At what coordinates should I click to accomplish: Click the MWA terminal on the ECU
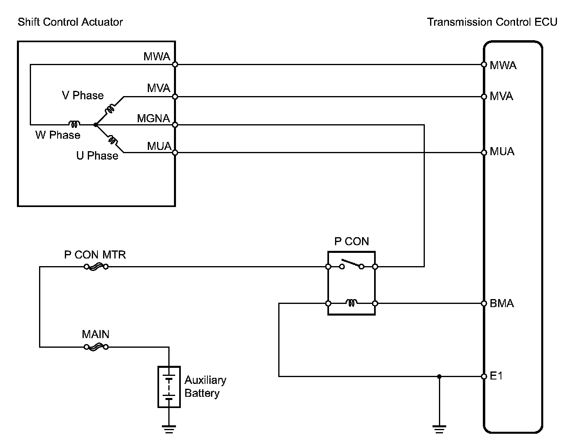pyautogui.click(x=484, y=64)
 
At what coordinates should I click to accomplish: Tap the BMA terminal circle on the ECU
pyautogui.click(x=484, y=303)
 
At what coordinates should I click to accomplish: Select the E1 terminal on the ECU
pyautogui.click(x=484, y=376)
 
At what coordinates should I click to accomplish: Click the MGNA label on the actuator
pyautogui.click(x=153, y=119)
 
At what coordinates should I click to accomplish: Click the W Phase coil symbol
pyautogui.click(x=74, y=124)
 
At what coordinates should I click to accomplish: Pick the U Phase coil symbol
pyautogui.click(x=112, y=140)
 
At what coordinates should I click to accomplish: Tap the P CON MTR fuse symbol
pyautogui.click(x=96, y=267)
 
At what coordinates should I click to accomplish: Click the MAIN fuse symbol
pyautogui.click(x=96, y=347)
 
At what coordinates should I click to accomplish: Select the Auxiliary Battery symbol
pyautogui.click(x=169, y=387)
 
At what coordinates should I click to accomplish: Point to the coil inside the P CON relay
pyautogui.click(x=351, y=303)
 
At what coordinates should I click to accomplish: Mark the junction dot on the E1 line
pyautogui.click(x=439, y=376)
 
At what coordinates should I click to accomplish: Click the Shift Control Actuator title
pyautogui.click(x=70, y=22)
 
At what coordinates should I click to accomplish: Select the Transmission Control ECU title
pyautogui.click(x=492, y=22)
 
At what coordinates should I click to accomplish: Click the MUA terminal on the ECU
pyautogui.click(x=484, y=153)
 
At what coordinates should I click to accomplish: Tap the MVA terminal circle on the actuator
pyautogui.click(x=175, y=97)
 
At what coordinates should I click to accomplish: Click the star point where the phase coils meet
pyautogui.click(x=95, y=125)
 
